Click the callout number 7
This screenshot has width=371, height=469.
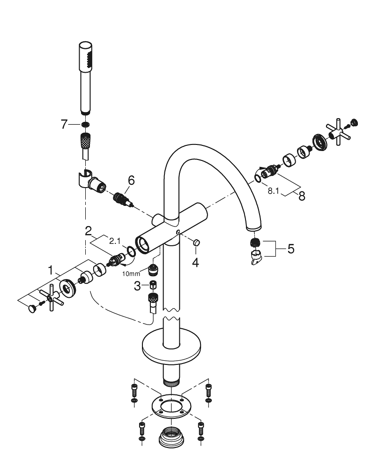64,124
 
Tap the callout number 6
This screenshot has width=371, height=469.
131,181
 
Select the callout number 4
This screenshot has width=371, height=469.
195,263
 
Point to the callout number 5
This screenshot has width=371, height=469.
291,249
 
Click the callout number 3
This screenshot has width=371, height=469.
137,286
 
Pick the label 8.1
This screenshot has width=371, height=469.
273,191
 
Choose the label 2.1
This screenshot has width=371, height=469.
115,241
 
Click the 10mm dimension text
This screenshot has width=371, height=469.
131,274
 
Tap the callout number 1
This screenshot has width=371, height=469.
51,271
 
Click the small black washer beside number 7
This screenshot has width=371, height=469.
85,124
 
